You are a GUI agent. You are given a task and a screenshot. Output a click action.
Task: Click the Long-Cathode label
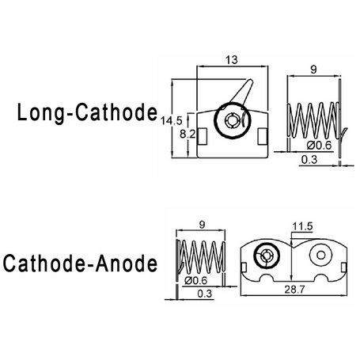(x=87, y=113)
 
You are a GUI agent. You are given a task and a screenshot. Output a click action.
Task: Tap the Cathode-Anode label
(x=80, y=263)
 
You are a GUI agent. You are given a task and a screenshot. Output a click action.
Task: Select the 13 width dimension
(x=232, y=60)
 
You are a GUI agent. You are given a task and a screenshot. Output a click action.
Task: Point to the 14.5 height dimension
(x=172, y=121)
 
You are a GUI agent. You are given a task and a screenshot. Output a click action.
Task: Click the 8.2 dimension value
(x=188, y=135)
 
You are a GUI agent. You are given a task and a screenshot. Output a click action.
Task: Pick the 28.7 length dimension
(x=294, y=290)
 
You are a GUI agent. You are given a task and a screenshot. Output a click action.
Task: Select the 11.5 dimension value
(x=302, y=226)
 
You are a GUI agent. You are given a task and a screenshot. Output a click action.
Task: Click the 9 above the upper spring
(x=313, y=70)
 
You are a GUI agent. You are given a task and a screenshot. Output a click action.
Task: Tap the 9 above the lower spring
(x=202, y=225)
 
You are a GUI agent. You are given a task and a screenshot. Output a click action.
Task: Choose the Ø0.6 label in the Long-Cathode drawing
(x=319, y=146)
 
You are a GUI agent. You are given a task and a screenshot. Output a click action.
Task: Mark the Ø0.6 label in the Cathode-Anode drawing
(x=195, y=280)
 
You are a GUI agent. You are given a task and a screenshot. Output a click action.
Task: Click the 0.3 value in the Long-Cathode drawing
(x=309, y=160)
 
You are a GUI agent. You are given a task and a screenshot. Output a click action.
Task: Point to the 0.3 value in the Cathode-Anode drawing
(x=205, y=294)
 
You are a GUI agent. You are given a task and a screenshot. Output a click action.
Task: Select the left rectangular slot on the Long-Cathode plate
(x=203, y=136)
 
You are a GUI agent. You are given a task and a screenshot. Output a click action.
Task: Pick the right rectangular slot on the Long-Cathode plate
(x=263, y=136)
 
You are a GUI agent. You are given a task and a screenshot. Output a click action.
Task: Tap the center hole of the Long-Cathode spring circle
(x=233, y=121)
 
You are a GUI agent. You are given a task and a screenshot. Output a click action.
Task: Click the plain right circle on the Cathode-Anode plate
(x=320, y=255)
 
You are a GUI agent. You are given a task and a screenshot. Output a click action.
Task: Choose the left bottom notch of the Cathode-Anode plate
(x=267, y=278)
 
